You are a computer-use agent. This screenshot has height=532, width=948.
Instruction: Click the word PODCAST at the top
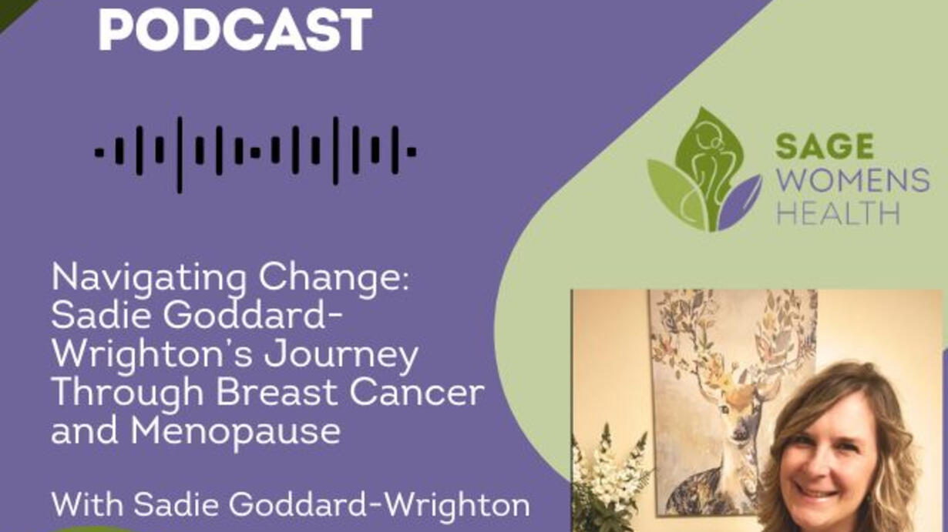pos(235,29)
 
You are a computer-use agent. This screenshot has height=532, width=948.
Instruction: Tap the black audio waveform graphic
pos(256,154)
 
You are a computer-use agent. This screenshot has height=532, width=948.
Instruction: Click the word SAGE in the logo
pos(825,146)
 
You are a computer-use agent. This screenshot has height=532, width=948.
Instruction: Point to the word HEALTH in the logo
pos(838,213)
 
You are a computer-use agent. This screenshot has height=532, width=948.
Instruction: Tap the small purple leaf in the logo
pos(739,203)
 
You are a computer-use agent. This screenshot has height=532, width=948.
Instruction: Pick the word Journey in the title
pos(341,356)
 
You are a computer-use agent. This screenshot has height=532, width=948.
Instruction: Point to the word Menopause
pos(235,432)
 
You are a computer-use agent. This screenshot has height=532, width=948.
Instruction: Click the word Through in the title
pos(128,394)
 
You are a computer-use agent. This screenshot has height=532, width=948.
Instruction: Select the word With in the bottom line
pos(88,504)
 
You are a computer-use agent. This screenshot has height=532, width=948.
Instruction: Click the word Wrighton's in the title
pos(153,356)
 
